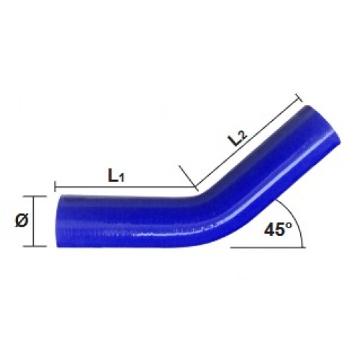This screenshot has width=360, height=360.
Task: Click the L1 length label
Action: tap(117, 176)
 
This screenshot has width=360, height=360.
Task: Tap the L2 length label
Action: tap(238, 138)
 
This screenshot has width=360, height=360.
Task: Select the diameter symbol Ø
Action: tap(22, 220)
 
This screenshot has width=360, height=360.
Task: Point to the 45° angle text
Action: tap(278, 229)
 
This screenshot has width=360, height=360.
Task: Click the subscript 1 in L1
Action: tap(122, 179)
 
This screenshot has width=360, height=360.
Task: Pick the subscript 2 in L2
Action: tap(243, 135)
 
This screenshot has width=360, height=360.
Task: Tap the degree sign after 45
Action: tap(289, 225)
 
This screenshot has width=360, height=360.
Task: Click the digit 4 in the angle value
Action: tap(269, 230)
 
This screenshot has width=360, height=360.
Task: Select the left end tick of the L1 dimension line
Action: tap(55, 186)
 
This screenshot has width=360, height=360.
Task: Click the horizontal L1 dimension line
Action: tap(125, 187)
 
